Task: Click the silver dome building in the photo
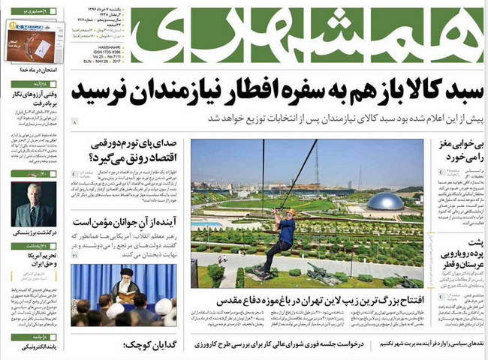(384, 201)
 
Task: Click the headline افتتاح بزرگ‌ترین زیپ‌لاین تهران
(312, 301)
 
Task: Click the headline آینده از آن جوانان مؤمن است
(124, 223)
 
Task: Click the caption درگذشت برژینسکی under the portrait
(32, 233)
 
